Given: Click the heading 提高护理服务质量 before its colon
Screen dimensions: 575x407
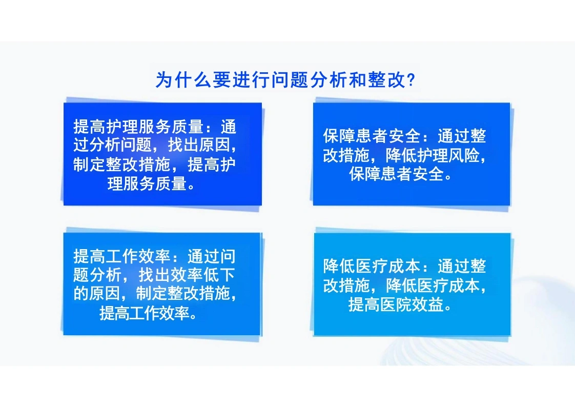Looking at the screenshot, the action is tap(138, 127).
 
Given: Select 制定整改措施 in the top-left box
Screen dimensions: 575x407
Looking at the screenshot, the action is tap(122, 165).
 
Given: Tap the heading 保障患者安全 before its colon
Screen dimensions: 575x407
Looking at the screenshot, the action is tap(372, 136).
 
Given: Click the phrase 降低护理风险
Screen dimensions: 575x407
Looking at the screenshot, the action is tap(433, 155).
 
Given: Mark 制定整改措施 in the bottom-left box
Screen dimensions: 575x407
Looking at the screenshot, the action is tap(183, 293).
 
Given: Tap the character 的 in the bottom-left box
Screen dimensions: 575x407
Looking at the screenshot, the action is tap(81, 293).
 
